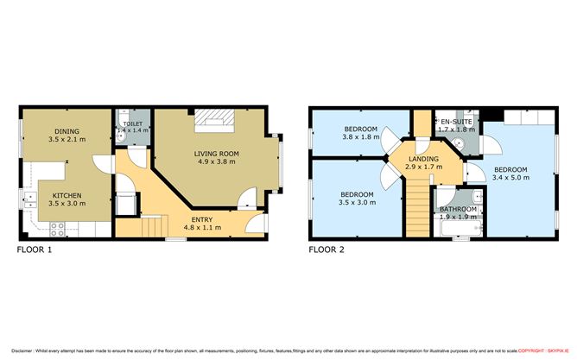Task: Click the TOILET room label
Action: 133,123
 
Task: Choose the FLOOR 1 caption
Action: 35,251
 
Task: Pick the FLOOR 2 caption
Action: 327,251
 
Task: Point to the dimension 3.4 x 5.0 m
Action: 510,177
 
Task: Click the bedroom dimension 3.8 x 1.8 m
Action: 359,136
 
